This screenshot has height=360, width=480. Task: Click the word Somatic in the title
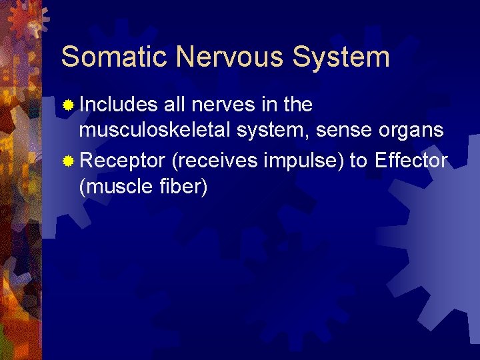103,57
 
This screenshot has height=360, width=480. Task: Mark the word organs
415,131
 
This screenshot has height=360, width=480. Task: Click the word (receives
213,162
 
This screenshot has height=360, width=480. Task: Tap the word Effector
412,161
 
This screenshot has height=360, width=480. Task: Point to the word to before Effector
361,162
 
